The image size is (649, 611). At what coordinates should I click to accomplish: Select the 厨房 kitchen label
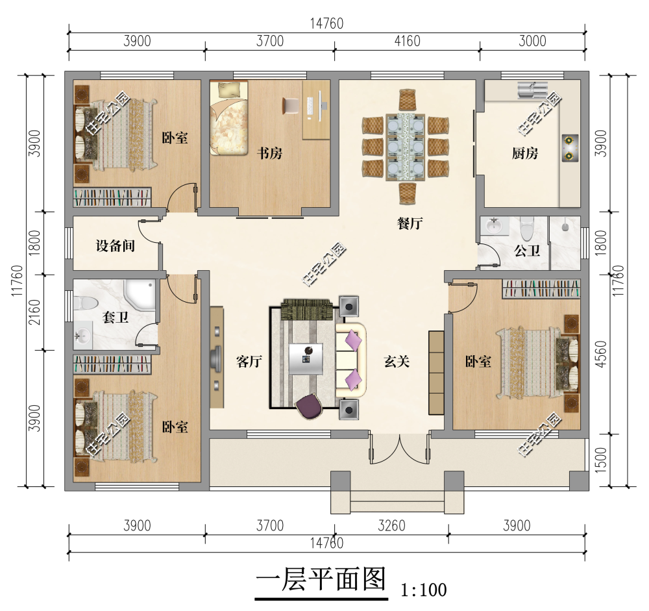(524, 154)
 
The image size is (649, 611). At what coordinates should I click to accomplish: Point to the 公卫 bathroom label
(526, 250)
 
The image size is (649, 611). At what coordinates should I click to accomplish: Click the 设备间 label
(115, 246)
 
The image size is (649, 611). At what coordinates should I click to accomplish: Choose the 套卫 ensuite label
(116, 316)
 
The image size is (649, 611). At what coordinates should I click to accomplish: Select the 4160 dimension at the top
(407, 41)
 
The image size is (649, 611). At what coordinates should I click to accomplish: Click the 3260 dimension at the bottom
(391, 525)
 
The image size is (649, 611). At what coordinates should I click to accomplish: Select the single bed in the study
(229, 117)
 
